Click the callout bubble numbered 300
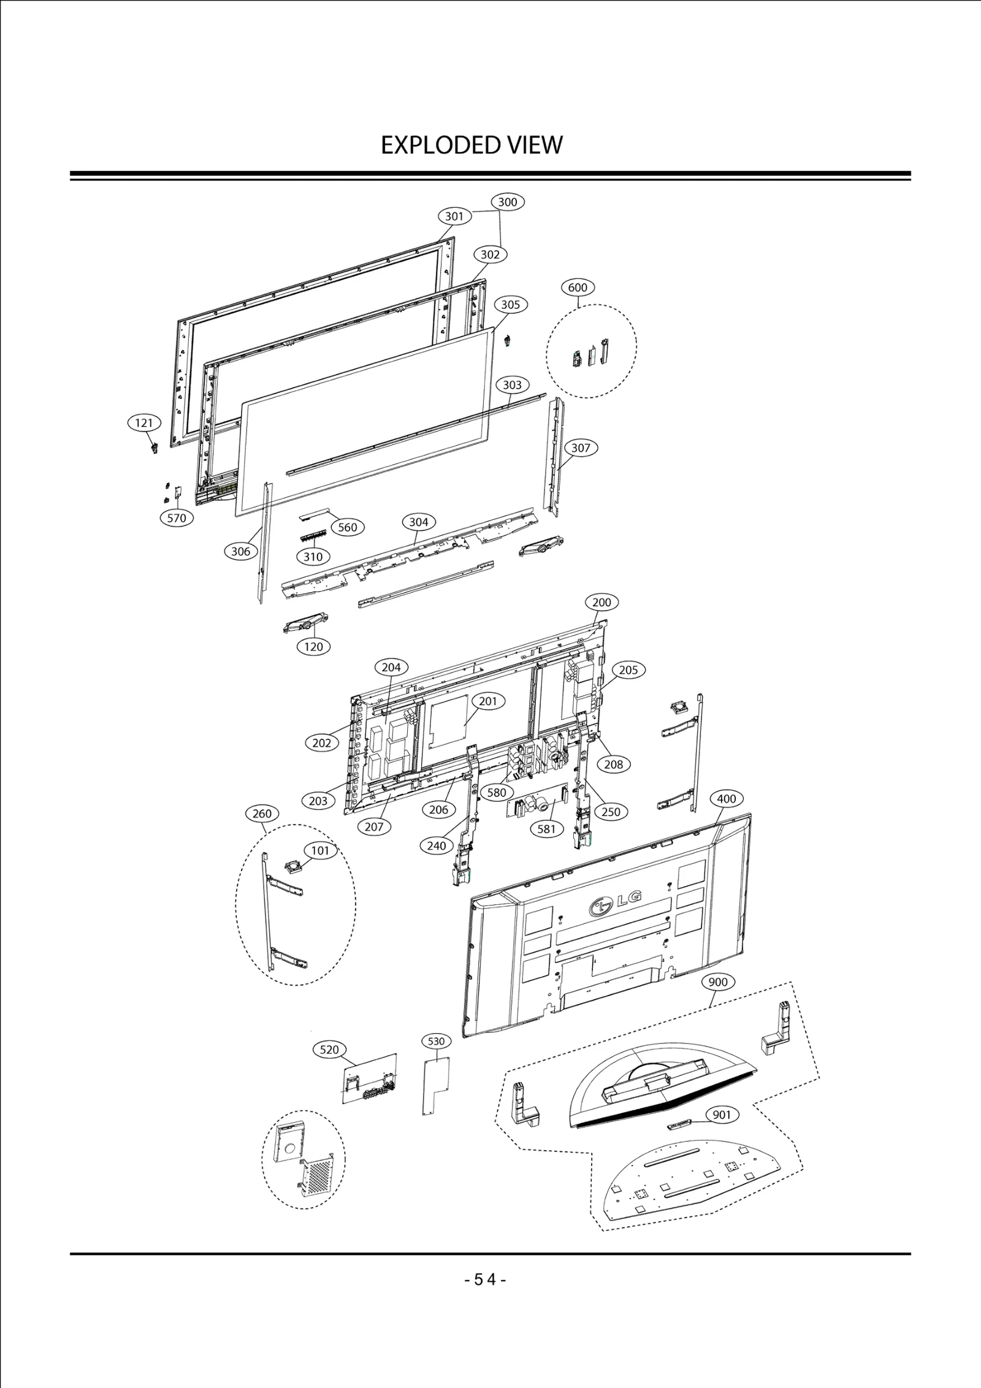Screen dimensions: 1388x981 pos(508,202)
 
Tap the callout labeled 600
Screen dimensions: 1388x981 pos(578,287)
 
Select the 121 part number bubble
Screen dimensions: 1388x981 pos(144,422)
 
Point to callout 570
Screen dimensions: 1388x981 pos(177,517)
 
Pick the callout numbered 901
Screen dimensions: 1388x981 pos(722,1115)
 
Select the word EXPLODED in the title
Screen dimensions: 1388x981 pos(432,145)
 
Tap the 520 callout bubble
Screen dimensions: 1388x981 pos(329,1050)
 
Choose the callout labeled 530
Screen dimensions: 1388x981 pos(436,1041)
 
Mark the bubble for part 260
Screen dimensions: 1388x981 pos(262,814)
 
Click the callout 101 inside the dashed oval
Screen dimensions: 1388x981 pos(320,850)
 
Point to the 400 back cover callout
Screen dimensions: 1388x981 pos(727,799)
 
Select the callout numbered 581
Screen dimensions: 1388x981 pos(546,829)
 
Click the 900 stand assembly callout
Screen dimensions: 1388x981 pos(718,982)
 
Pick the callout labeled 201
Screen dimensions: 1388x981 pos(488,701)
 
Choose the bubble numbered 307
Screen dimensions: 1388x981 pos(581,448)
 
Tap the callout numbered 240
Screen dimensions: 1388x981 pos(437,845)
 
